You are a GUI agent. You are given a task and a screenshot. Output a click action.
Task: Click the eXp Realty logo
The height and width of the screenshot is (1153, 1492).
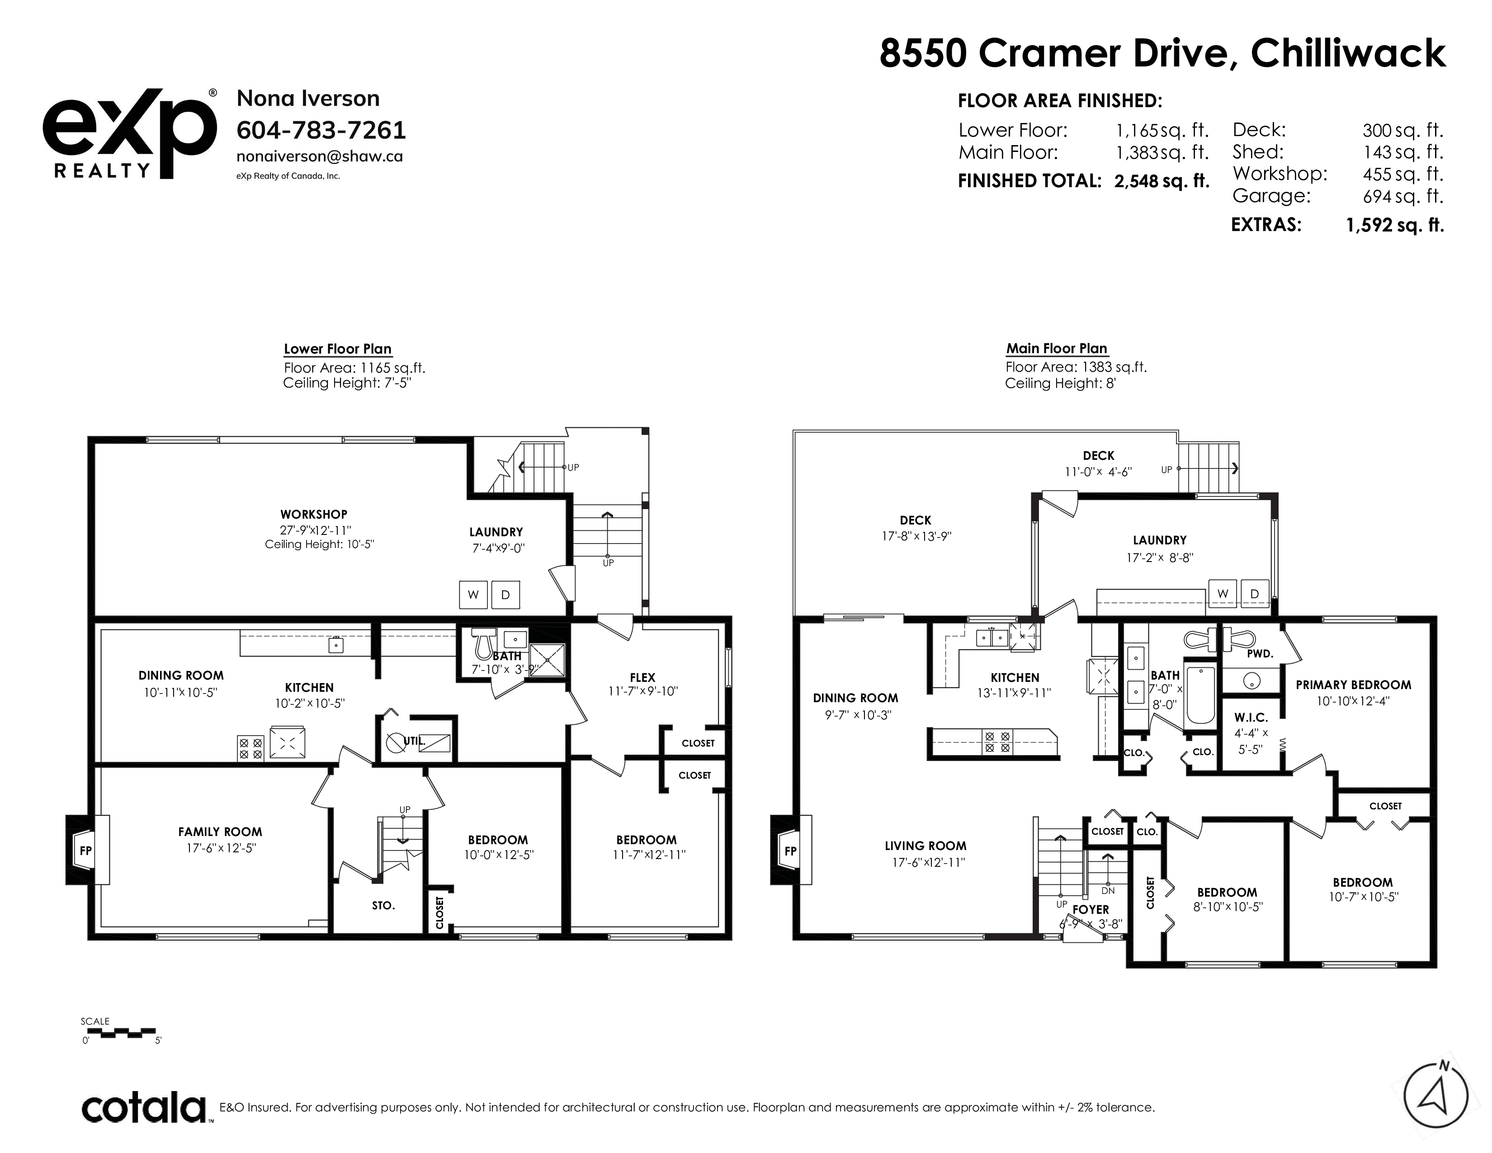[130, 134]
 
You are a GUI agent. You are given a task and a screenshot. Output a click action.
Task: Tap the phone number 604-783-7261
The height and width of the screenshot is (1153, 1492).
[321, 130]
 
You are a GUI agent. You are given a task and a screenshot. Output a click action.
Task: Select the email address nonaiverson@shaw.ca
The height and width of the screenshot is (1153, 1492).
[320, 156]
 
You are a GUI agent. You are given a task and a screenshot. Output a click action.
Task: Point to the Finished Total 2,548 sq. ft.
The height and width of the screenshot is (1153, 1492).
[1161, 181]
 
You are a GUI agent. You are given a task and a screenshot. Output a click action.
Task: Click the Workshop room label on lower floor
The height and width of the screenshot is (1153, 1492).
[314, 515]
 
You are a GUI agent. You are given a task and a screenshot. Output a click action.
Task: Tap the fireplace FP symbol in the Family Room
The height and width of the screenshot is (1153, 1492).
[86, 851]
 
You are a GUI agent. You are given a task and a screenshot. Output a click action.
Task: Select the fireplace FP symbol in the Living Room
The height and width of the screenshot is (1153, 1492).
[790, 851]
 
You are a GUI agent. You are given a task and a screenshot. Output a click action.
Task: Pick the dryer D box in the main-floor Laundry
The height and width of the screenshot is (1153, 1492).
[1255, 594]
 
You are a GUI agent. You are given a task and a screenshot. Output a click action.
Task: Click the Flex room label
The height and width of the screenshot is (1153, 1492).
[642, 678]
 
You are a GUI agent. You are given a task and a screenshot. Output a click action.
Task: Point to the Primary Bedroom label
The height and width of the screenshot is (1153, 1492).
[1353, 685]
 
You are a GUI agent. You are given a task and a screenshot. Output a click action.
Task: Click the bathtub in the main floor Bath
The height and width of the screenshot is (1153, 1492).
[1201, 695]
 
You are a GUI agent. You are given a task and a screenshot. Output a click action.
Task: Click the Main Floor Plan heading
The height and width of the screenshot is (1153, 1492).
[1057, 348]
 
